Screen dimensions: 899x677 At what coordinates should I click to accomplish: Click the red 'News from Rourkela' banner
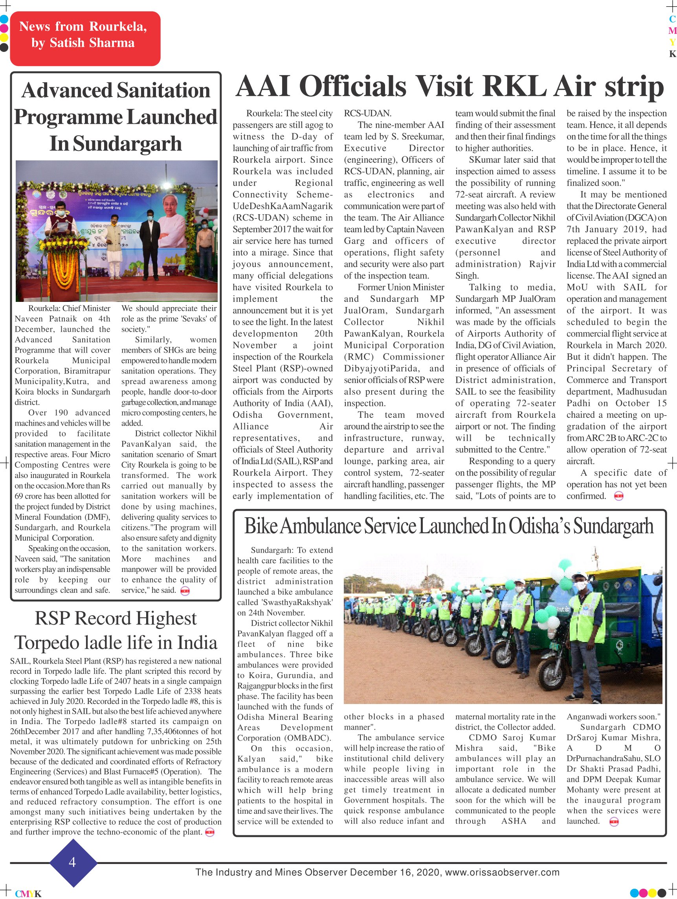click(85, 39)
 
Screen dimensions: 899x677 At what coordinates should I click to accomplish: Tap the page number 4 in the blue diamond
click(73, 862)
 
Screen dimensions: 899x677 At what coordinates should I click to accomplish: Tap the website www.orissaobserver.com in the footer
click(502, 872)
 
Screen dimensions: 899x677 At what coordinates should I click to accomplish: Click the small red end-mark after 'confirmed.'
click(618, 496)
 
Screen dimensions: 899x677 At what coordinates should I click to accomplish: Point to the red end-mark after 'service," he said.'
click(185, 590)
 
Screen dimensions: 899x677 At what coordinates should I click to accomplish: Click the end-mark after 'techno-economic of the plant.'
click(210, 832)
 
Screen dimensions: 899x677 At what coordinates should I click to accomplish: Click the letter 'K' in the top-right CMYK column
click(673, 54)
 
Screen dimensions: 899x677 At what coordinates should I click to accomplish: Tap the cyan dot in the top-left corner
click(4, 19)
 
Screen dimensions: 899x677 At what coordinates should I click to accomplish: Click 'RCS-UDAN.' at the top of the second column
click(367, 113)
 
